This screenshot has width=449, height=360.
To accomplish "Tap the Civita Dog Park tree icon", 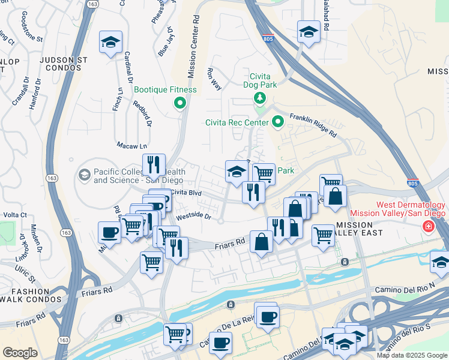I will [259, 98].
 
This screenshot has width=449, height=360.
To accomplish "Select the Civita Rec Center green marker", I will [277, 122].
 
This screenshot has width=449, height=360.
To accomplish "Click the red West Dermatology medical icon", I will [429, 227].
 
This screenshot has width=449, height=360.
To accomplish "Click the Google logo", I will [20, 353].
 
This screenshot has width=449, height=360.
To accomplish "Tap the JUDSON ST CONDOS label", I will [60, 64].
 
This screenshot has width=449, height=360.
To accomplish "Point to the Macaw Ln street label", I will [131, 146].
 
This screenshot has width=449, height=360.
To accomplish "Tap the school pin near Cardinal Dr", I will [110, 42].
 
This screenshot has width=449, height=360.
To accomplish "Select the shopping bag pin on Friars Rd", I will [262, 242].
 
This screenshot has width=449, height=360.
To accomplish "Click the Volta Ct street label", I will [15, 214].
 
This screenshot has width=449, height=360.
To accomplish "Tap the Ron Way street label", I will [214, 79].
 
